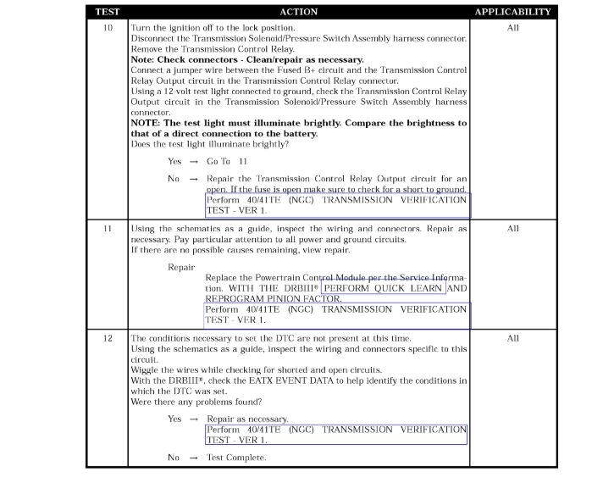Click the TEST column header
coord(107,12)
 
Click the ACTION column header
coord(298,12)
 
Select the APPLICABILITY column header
coord(512,12)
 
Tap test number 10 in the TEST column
coord(108,29)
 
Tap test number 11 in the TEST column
coord(108,229)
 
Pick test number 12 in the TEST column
coord(108,338)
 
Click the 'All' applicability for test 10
coord(512,29)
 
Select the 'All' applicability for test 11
coord(512,229)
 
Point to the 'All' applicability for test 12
coord(512,338)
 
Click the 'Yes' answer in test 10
coord(174,161)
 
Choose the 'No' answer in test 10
coord(174,179)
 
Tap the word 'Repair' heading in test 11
coord(181,266)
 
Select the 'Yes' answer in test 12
coord(174,419)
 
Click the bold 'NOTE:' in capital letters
coord(148,123)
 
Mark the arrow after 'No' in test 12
coord(193,458)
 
